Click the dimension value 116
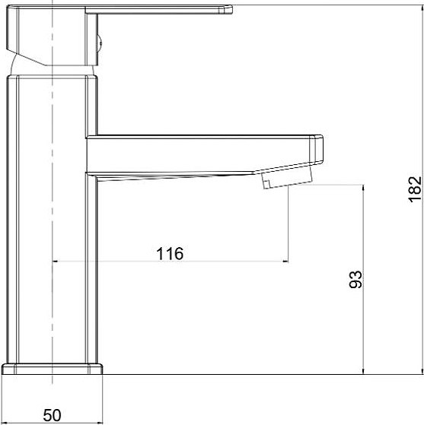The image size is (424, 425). tap(170, 254)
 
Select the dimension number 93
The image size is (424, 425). tap(354, 280)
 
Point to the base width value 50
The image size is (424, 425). tap(52, 415)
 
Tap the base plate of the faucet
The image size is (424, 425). tap(52, 369)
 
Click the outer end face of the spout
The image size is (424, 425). tap(318, 148)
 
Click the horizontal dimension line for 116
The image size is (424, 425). tap(228, 262)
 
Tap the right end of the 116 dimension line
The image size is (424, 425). tap(288, 262)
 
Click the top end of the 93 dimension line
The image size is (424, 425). tap(365, 184)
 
